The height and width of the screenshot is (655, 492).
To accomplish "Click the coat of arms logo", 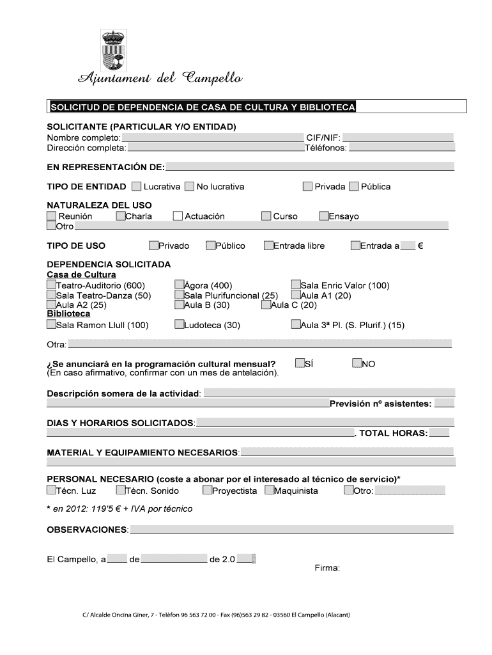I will click(113, 51).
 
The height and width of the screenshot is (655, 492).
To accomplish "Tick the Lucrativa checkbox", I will click(137, 187).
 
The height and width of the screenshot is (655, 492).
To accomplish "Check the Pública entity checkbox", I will click(354, 187).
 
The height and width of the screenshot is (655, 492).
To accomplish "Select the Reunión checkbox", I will click(52, 216).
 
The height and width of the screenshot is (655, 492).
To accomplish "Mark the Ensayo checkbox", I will click(324, 216).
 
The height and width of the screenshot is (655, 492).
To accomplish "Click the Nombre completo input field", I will click(212, 138).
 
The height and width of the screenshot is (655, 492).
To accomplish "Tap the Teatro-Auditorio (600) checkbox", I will click(52, 285).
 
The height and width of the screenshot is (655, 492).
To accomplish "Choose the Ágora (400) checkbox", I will click(180, 285).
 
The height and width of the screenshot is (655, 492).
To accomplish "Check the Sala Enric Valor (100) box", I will click(296, 285).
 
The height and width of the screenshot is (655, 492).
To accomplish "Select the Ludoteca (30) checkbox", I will click(180, 324).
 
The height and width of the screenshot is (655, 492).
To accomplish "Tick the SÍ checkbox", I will click(300, 363).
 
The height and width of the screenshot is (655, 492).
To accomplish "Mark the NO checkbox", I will click(357, 363).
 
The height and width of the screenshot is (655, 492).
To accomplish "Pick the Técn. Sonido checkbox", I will click(121, 491).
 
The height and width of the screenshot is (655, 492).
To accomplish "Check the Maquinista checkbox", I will click(269, 491).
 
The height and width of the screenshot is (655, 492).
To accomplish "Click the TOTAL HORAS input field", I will click(439, 433).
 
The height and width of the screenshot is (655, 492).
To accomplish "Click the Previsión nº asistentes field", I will click(444, 403).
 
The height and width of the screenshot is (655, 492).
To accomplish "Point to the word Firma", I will click(327, 568).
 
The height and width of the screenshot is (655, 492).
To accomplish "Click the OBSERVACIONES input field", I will click(291, 530).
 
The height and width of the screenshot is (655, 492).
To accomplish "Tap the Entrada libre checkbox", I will click(268, 245).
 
